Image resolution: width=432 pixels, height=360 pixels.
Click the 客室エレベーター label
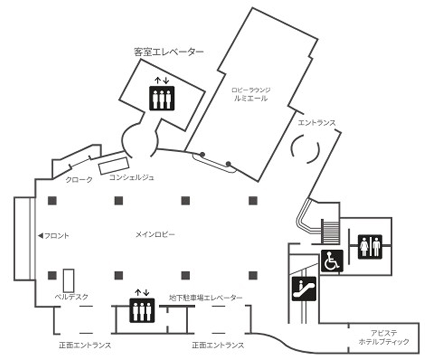[169, 52]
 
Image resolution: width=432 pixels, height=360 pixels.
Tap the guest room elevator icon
[162, 98]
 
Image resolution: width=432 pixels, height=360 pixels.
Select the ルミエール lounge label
[251, 98]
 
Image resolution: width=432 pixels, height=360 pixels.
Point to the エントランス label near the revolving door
[317, 123]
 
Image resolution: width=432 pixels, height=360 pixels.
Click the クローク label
[79, 180]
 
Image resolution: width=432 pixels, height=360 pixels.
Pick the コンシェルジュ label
[132, 178]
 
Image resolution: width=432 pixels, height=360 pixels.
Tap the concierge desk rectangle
[114, 166]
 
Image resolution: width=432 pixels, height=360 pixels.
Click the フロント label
[57, 236]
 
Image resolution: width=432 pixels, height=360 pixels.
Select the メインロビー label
[155, 235]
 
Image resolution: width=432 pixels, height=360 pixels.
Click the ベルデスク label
[72, 297]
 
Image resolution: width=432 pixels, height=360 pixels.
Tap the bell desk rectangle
[69, 280]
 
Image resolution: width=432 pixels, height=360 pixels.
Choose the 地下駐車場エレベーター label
[206, 298]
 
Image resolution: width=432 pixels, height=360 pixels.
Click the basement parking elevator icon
[142, 311]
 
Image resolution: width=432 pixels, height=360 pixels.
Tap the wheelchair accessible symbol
[332, 261]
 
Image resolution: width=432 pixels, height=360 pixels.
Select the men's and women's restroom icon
[370, 247]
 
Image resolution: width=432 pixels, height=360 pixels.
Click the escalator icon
[304, 288]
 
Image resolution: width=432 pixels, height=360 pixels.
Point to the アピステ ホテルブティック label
[384, 338]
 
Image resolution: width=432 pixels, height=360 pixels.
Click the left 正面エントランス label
[85, 345]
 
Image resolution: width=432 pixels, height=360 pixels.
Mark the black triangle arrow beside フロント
[41, 236]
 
